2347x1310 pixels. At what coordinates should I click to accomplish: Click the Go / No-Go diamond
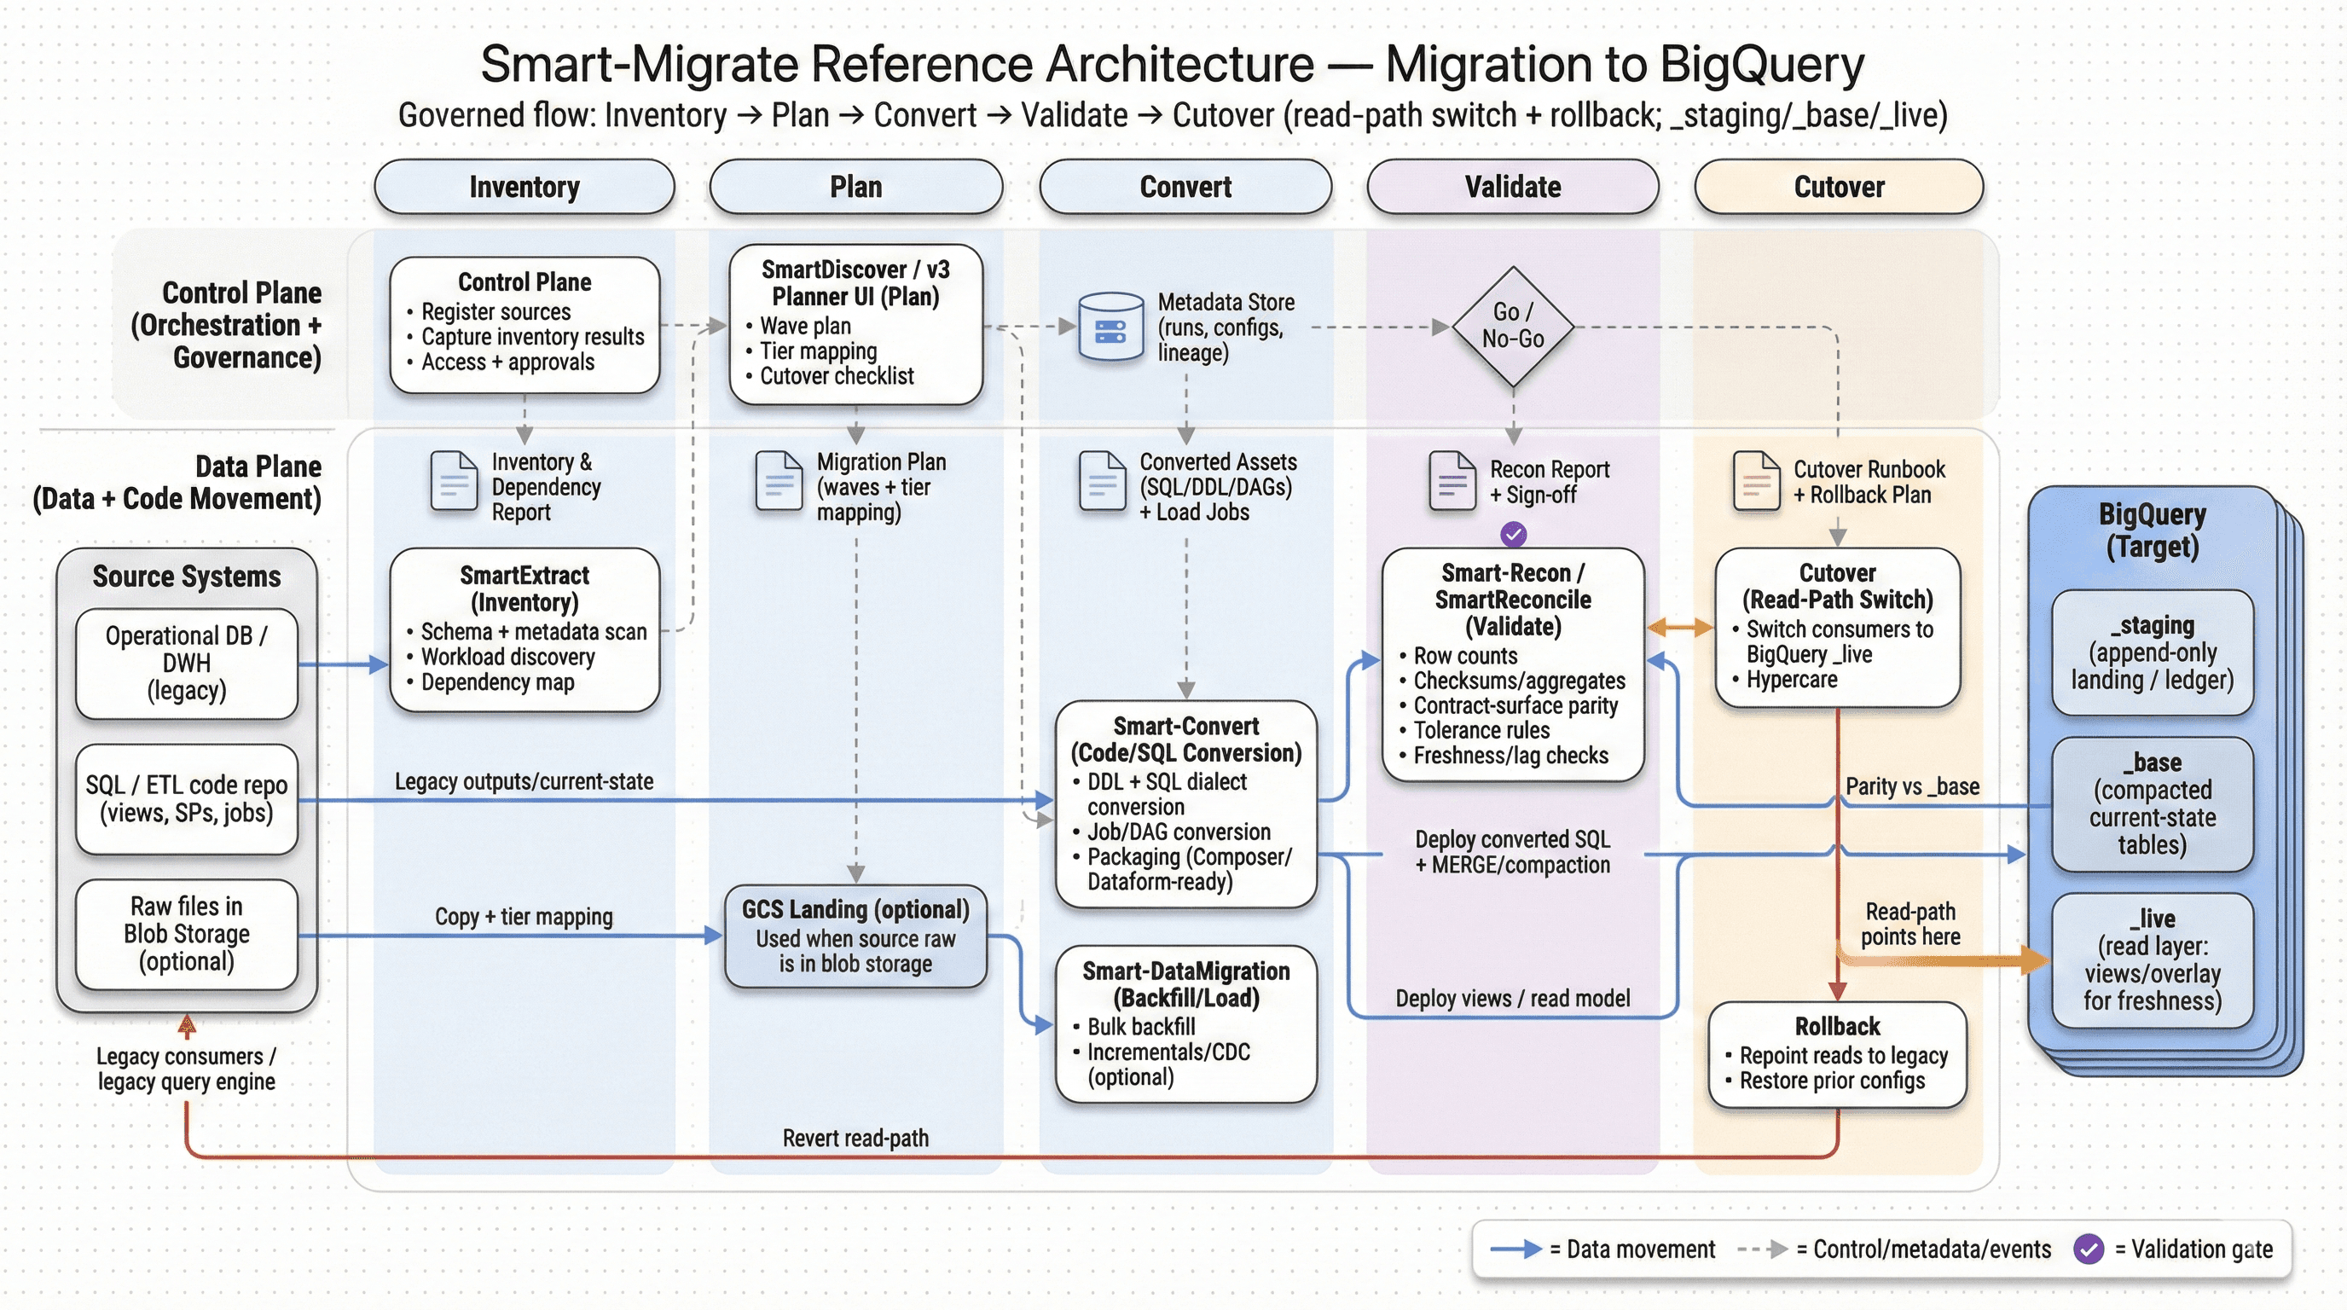[1512, 326]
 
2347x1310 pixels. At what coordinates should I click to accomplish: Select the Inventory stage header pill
[524, 187]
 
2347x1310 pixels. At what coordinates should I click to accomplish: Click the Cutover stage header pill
[1838, 187]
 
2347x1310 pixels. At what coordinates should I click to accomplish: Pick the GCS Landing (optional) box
[855, 936]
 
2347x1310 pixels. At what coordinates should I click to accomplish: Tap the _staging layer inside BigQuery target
[2151, 652]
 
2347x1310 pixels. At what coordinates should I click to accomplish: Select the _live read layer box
[2151, 959]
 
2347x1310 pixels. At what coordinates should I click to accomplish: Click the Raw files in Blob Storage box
[187, 934]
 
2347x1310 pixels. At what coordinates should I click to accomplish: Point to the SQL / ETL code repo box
[187, 799]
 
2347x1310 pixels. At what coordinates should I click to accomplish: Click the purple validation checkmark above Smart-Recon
[1512, 535]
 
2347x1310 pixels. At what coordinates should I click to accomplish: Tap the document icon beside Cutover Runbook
[1756, 481]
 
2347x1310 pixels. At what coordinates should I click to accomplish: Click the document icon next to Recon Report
[1452, 481]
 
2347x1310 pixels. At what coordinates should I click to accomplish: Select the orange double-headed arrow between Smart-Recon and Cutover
[1680, 627]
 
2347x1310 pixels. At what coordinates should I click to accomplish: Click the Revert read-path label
[855, 1138]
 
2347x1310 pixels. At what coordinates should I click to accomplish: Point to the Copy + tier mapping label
[524, 917]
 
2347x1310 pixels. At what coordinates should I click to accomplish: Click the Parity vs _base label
[1911, 786]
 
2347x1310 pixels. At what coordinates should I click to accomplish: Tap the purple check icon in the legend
[2089, 1249]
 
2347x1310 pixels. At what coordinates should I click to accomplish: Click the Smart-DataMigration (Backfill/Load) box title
[1185, 985]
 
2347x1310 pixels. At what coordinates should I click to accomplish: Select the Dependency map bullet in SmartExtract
[496, 682]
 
